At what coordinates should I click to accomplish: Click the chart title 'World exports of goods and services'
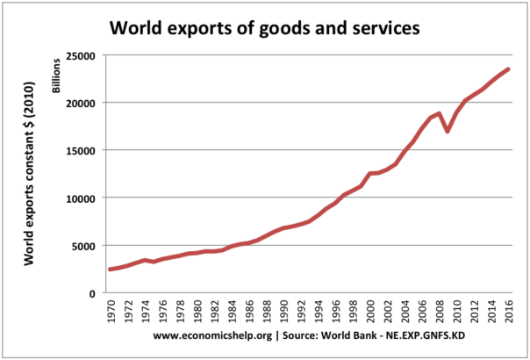click(265, 28)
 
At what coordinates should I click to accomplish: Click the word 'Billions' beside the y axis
click(55, 76)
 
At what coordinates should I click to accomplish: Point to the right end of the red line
click(509, 69)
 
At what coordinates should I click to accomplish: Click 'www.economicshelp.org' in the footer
click(207, 336)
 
